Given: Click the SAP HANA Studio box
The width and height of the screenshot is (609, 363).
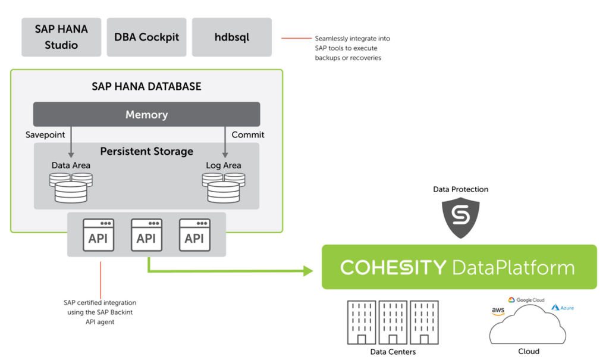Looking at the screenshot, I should tap(61, 37).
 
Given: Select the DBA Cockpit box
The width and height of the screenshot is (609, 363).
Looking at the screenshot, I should tap(146, 37).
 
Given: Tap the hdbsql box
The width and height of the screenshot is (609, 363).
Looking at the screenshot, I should tap(231, 37).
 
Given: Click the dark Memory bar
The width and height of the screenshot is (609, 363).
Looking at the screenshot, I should tap(146, 114).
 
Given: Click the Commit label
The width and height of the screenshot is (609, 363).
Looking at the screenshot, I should tap(248, 134).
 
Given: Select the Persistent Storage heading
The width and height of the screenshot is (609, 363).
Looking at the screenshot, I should tap(146, 151).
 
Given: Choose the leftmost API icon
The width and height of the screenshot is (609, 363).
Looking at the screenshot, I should tap(98, 235).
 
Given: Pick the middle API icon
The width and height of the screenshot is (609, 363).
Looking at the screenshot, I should tap(146, 235).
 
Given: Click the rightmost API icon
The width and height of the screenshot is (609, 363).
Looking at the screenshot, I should tap(194, 235).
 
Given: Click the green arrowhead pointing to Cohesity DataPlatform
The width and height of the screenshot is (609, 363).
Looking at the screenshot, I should tap(307, 271).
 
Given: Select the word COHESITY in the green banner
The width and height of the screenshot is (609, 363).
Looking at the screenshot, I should tap(393, 267).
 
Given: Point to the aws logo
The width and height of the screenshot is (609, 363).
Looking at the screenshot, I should tap(498, 311).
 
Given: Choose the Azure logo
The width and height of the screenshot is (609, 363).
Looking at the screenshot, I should tap(563, 308).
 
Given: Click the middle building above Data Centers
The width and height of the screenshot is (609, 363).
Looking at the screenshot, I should tap(392, 322).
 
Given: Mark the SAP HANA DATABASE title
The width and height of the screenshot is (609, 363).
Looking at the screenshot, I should tap(146, 86).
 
